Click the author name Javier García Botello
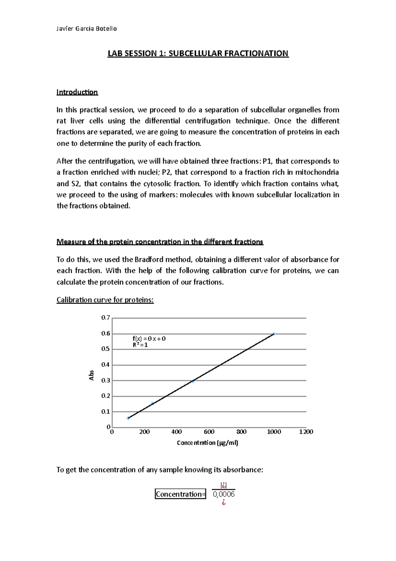click(x=86, y=29)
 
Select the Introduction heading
click(x=77, y=92)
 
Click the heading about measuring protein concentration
click(x=160, y=242)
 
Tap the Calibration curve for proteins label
click(x=105, y=300)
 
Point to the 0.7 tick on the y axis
click(x=106, y=318)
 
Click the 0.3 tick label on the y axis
click(x=106, y=381)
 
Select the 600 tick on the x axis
click(x=209, y=432)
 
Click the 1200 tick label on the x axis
click(x=306, y=432)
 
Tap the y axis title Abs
click(x=92, y=375)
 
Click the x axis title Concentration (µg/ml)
click(x=207, y=443)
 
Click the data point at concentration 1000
click(x=274, y=334)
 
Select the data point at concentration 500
click(x=193, y=381)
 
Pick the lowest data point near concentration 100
click(x=128, y=418)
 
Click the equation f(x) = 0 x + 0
click(x=149, y=339)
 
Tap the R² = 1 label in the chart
click(x=140, y=345)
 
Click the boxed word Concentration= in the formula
click(x=180, y=494)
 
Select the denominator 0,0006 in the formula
click(x=224, y=495)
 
